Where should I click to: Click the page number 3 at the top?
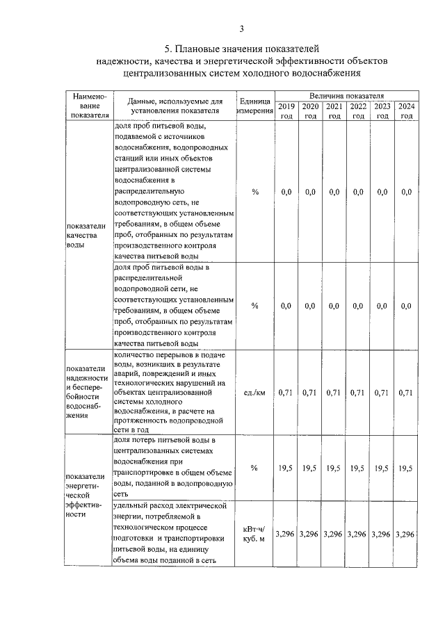(241, 28)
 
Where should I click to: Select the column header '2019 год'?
(286, 111)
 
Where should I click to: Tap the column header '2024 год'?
(406, 111)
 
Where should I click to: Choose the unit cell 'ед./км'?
(254, 393)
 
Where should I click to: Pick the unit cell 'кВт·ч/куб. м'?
(254, 534)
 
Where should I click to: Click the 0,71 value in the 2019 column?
(286, 393)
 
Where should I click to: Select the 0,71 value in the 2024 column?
(406, 393)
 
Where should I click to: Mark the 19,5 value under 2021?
(334, 468)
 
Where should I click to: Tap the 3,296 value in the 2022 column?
(357, 534)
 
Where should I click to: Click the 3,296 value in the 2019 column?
(286, 534)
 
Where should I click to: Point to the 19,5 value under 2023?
(382, 468)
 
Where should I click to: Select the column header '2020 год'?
(310, 111)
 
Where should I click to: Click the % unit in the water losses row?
(254, 468)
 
